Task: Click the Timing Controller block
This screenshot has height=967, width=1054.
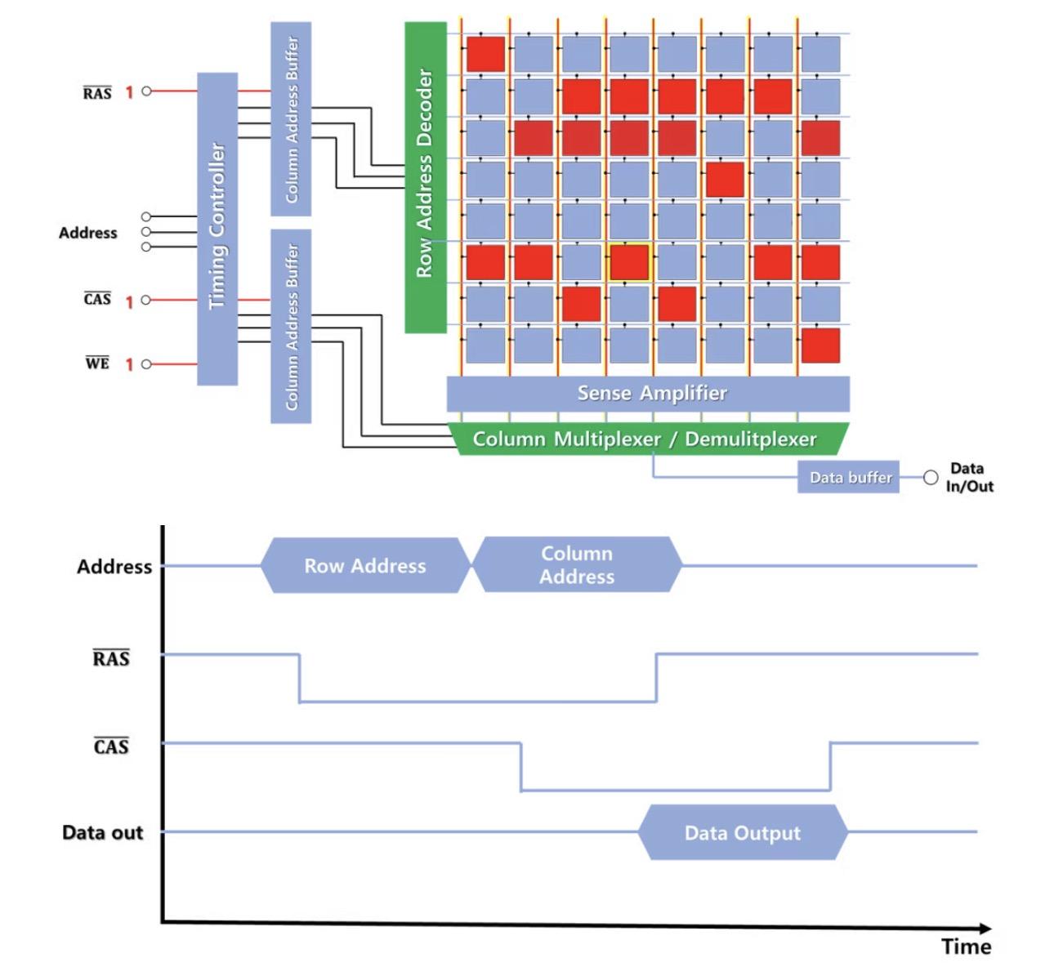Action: click(x=217, y=229)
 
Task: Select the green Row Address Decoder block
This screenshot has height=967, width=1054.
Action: click(x=425, y=177)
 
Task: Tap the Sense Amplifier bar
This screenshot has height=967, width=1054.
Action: click(x=648, y=394)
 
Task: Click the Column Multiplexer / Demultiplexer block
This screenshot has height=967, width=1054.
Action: click(x=648, y=439)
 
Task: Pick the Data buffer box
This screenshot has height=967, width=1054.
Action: click(x=848, y=477)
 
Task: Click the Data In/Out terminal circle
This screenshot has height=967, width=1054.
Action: click(x=931, y=478)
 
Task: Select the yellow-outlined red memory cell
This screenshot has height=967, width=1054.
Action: click(x=629, y=262)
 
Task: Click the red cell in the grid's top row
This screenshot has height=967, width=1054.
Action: click(x=485, y=54)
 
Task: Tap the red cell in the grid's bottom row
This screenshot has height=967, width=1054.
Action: click(x=820, y=345)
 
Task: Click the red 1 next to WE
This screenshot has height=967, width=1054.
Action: click(x=129, y=364)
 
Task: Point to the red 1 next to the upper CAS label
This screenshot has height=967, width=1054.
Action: click(x=129, y=302)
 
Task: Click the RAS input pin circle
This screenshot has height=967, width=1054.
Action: click(x=146, y=91)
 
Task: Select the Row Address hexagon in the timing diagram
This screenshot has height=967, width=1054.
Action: click(x=366, y=566)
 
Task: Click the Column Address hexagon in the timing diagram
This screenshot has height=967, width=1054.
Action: click(x=578, y=564)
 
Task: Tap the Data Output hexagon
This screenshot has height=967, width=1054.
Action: click(x=743, y=832)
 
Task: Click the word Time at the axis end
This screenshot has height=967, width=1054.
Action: click(x=966, y=947)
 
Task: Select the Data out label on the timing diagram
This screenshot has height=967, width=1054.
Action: click(x=102, y=832)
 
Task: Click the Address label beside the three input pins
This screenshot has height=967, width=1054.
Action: click(x=87, y=233)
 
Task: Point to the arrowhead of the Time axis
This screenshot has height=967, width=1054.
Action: click(x=991, y=928)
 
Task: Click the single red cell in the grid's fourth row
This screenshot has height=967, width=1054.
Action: click(x=725, y=179)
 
